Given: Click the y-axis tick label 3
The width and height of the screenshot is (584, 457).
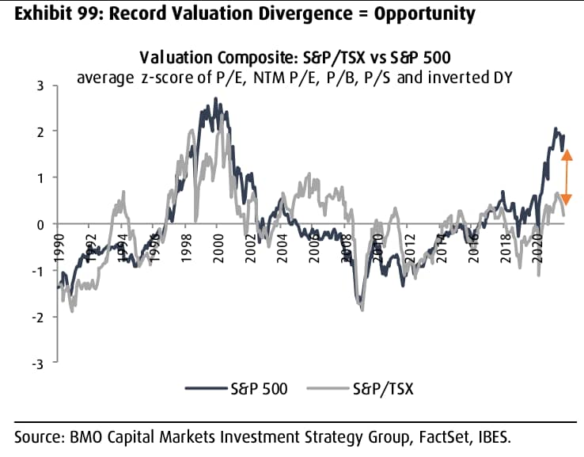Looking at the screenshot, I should tap(40, 86).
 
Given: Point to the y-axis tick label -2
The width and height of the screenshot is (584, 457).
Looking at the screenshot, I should tap(37, 317).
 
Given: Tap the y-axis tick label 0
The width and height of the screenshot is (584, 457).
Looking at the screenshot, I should tap(40, 224).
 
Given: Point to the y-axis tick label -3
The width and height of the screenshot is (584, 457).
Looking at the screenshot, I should tap(37, 363).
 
